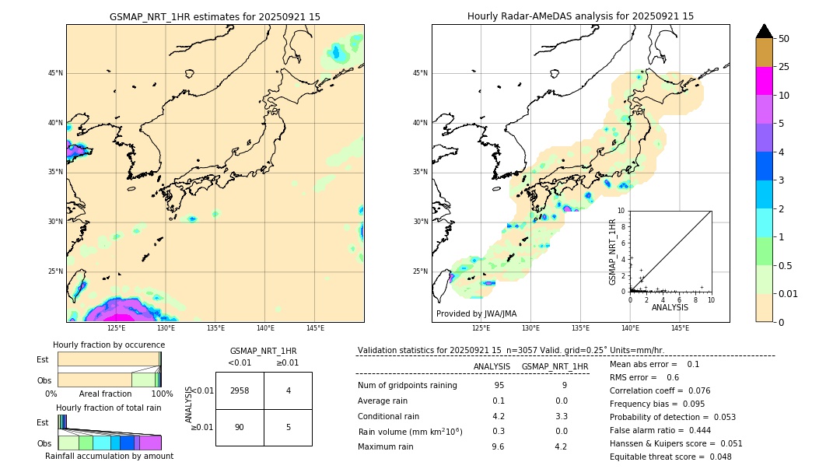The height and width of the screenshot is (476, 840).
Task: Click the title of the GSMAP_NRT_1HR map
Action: click(215, 16)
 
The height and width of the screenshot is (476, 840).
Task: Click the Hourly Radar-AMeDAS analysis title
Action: click(580, 16)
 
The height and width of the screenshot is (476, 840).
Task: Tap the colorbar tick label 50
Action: click(784, 39)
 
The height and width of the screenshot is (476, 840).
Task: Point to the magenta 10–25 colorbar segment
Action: click(764, 81)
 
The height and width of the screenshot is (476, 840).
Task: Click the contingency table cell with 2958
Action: click(240, 390)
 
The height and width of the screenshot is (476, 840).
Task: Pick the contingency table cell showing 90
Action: click(240, 427)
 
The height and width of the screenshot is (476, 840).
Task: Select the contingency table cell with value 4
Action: click(288, 390)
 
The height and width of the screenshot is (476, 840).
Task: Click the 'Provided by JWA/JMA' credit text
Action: click(476, 313)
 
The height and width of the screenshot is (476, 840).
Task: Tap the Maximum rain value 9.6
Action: click(499, 446)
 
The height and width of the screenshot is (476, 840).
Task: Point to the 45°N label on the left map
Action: click(55, 73)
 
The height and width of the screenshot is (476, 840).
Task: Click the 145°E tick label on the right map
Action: click(680, 328)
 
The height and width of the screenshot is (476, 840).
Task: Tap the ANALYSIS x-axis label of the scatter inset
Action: click(670, 307)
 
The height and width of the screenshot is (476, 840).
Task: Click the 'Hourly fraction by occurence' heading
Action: click(109, 345)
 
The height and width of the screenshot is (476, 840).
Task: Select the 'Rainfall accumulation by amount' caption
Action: click(109, 456)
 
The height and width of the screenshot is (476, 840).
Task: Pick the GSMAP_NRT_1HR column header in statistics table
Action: click(555, 366)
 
